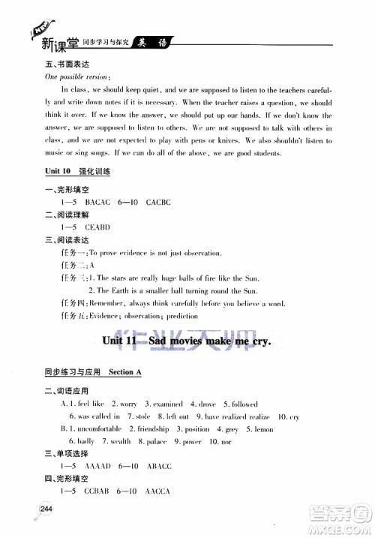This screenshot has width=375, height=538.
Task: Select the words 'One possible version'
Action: click(76, 77)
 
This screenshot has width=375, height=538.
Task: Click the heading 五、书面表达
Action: click(65, 65)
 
